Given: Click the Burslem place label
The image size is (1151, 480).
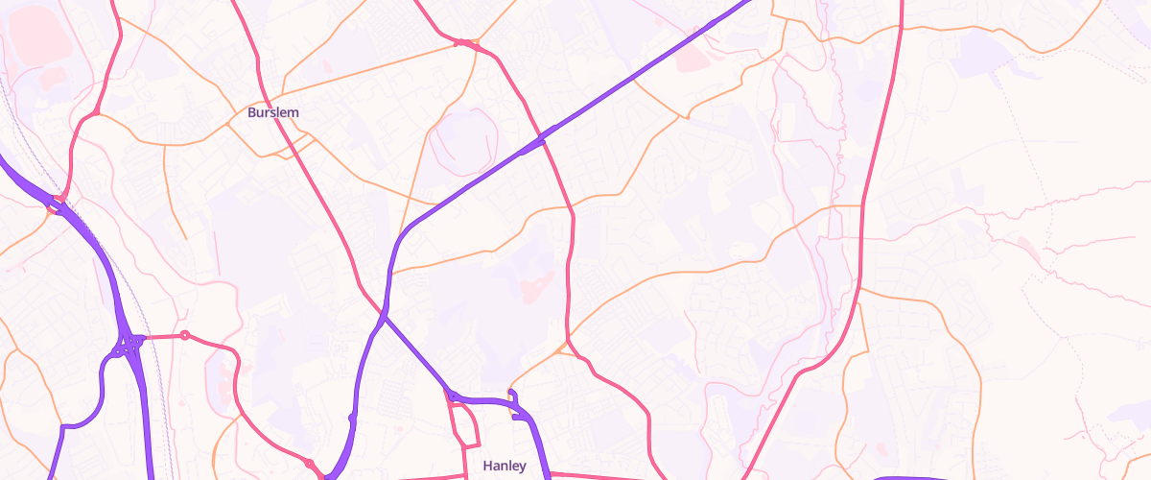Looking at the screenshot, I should click(x=273, y=112).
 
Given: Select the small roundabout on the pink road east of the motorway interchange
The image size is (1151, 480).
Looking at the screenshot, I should click(x=185, y=335).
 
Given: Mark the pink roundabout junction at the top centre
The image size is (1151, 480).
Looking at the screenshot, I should click(x=463, y=42).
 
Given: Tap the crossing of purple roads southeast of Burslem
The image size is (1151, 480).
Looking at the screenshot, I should click(x=384, y=316).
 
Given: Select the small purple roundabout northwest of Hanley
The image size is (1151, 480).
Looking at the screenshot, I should click(x=451, y=395).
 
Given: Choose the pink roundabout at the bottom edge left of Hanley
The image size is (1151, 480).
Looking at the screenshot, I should click(x=309, y=465).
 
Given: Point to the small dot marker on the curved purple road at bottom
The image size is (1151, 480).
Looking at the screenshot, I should click(x=352, y=419).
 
